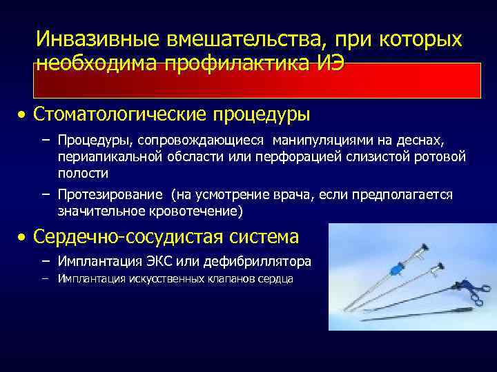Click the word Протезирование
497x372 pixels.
click(110, 194)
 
